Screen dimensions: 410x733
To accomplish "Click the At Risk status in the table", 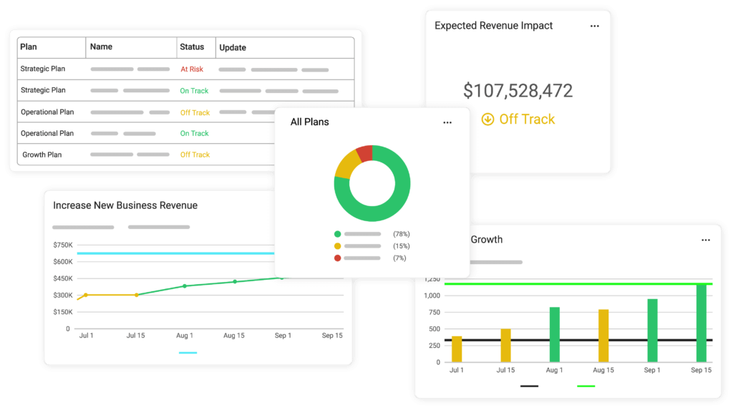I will (x=192, y=69).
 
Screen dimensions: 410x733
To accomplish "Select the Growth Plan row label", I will (x=42, y=155).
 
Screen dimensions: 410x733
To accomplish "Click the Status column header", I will (x=192, y=47).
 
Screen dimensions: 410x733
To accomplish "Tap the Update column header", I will (x=233, y=48).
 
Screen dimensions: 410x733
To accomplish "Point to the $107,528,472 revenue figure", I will (x=518, y=91).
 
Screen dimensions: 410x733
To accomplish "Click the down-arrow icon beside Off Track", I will (x=487, y=119).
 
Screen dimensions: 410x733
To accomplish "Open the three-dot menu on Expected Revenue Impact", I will (x=594, y=26).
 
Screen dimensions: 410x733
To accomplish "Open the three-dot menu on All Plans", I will (x=447, y=122).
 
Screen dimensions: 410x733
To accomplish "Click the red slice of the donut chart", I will (x=364, y=153).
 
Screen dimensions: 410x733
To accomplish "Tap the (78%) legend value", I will (x=401, y=234).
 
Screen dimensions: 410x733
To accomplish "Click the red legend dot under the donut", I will (x=337, y=258).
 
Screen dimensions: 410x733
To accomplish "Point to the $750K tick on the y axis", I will (x=63, y=245).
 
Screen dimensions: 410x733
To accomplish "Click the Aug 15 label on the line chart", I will (x=234, y=336).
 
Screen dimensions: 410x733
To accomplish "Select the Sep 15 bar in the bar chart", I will (x=702, y=323).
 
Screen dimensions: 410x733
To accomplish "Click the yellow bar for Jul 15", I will (x=506, y=345).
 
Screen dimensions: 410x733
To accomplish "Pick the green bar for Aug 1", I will (x=555, y=334).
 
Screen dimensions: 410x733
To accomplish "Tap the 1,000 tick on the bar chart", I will (x=432, y=296).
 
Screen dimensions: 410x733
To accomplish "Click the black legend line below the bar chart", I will (x=529, y=386).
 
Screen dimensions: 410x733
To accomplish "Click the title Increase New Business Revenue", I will (x=125, y=205).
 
